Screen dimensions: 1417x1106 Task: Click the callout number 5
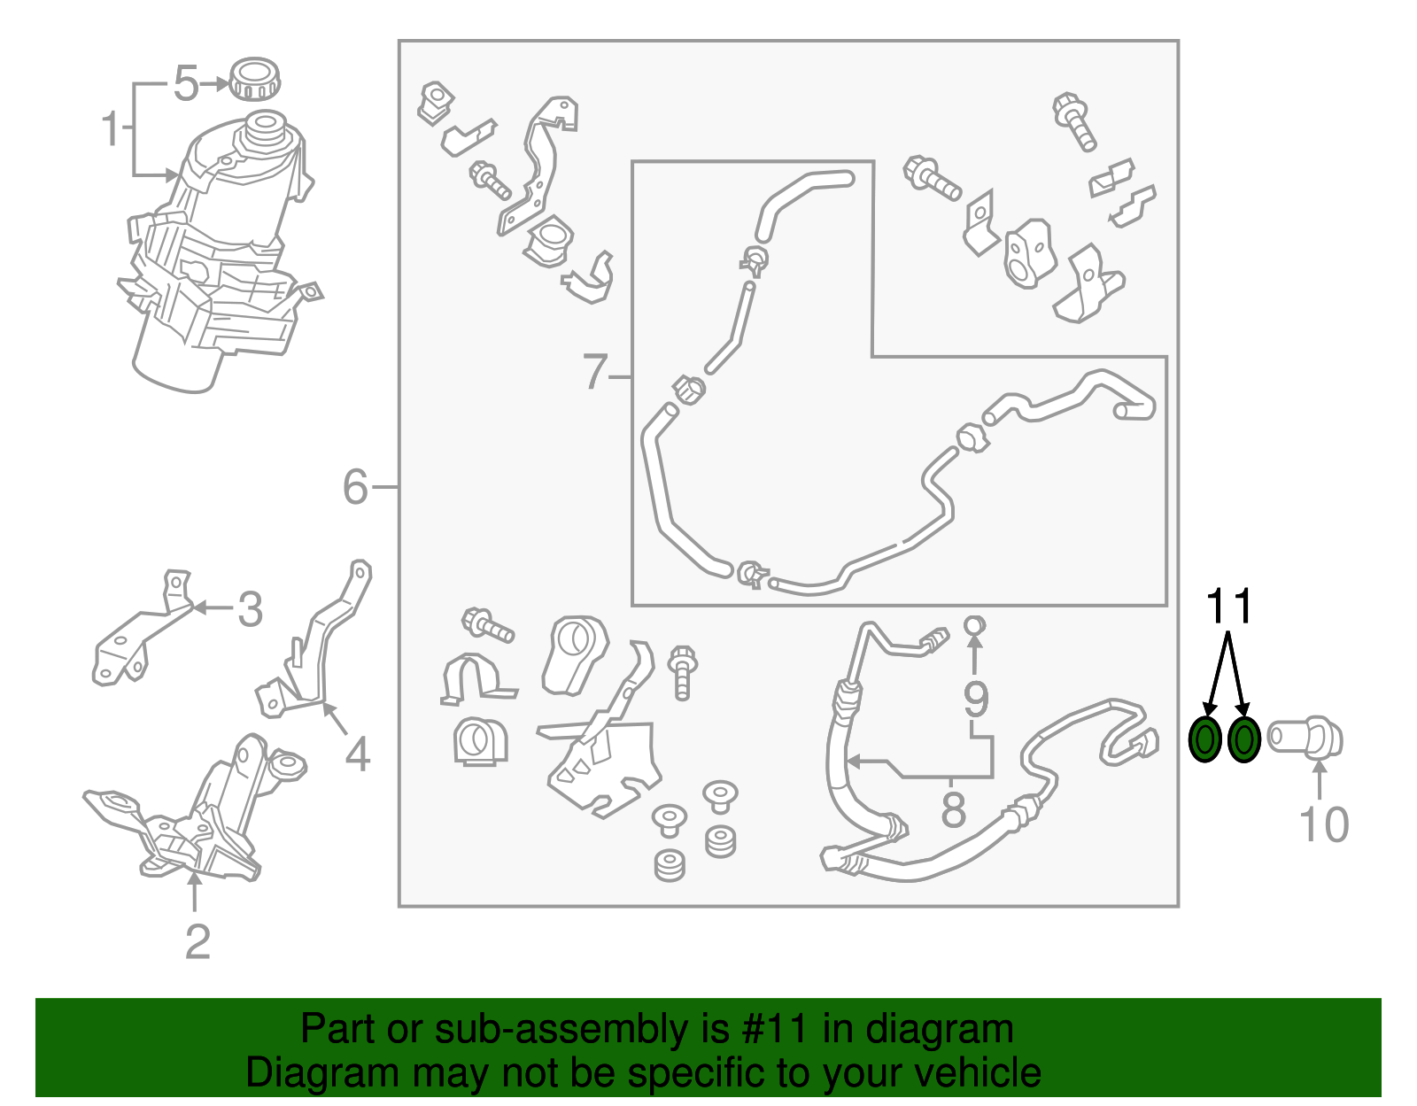click(x=187, y=83)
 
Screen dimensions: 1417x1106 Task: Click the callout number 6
click(x=356, y=487)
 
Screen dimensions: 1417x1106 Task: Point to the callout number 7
click(x=595, y=372)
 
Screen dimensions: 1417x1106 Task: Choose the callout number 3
click(x=250, y=609)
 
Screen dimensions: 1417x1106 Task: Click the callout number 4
click(x=357, y=754)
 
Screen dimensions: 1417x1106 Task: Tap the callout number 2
click(x=197, y=942)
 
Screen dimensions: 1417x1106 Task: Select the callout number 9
click(x=976, y=700)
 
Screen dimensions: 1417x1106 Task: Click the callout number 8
click(x=953, y=810)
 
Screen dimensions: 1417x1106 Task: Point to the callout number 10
click(x=1324, y=824)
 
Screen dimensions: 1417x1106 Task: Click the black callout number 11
click(x=1229, y=606)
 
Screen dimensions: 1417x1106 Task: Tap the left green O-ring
click(x=1205, y=739)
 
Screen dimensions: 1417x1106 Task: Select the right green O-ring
click(x=1243, y=739)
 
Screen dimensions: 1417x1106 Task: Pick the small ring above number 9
click(x=974, y=625)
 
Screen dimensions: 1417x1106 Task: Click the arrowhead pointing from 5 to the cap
click(x=221, y=83)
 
